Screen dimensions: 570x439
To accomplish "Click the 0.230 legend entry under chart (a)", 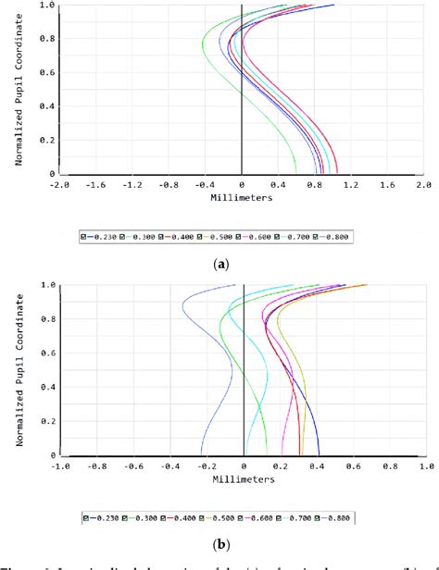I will click(101, 237).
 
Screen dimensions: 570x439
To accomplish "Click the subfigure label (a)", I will click(219, 265).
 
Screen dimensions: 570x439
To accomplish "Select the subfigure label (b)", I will click(219, 546).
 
